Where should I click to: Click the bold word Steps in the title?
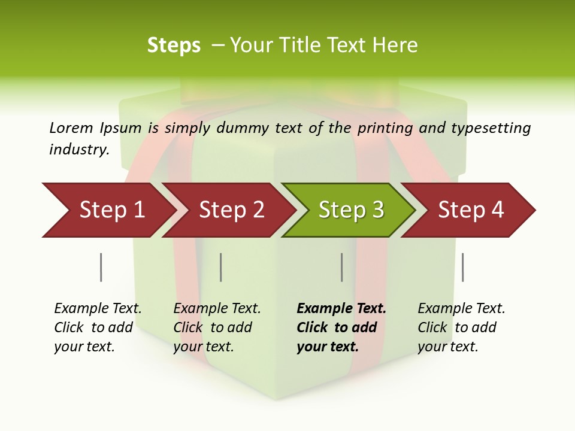[x=174, y=45]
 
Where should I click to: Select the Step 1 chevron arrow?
[x=108, y=210]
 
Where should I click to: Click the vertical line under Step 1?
[x=101, y=267]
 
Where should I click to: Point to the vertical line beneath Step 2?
[x=220, y=267]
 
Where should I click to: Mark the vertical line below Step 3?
[x=341, y=267]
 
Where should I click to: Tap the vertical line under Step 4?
[x=462, y=267]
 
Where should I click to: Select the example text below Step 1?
[x=97, y=327]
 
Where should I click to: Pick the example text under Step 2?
[x=216, y=327]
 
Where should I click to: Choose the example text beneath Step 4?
[x=461, y=327]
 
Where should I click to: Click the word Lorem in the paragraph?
[x=71, y=128]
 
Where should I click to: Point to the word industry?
[x=79, y=149]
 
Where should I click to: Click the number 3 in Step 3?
[x=377, y=210]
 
